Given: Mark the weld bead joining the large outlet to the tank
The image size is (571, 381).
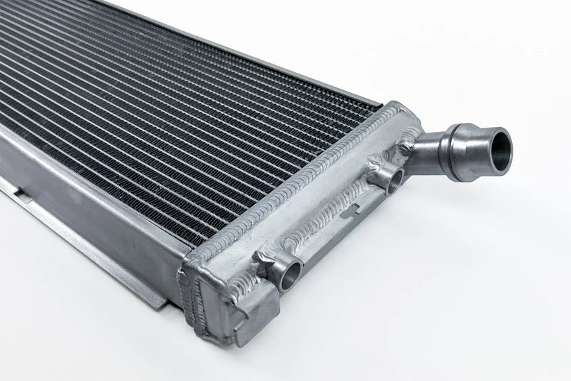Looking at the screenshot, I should click(x=418, y=148).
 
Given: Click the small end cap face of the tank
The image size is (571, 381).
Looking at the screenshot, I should click(x=208, y=305).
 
